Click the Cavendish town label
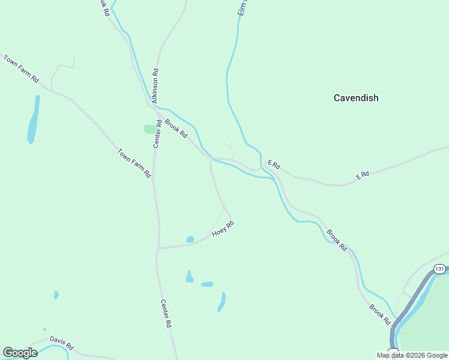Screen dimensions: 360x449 coord(356,98)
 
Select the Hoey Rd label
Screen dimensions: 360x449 coord(222,229)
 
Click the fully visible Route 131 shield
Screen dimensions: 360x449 coord(439,269)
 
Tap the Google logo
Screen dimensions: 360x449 coord(20,353)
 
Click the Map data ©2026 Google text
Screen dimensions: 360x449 coord(412,355)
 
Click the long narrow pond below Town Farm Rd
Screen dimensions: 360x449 coord(33,119)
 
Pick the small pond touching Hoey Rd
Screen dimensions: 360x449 coord(190,239)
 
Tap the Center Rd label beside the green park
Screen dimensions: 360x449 coord(157,134)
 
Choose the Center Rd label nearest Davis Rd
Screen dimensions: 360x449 coord(166,313)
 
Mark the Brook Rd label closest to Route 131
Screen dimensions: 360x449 coord(379,315)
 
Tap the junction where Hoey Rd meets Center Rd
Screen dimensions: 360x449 coord(158,248)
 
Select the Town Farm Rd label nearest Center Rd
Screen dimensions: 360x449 coord(134,163)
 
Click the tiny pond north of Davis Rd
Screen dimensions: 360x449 coord(56,295)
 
